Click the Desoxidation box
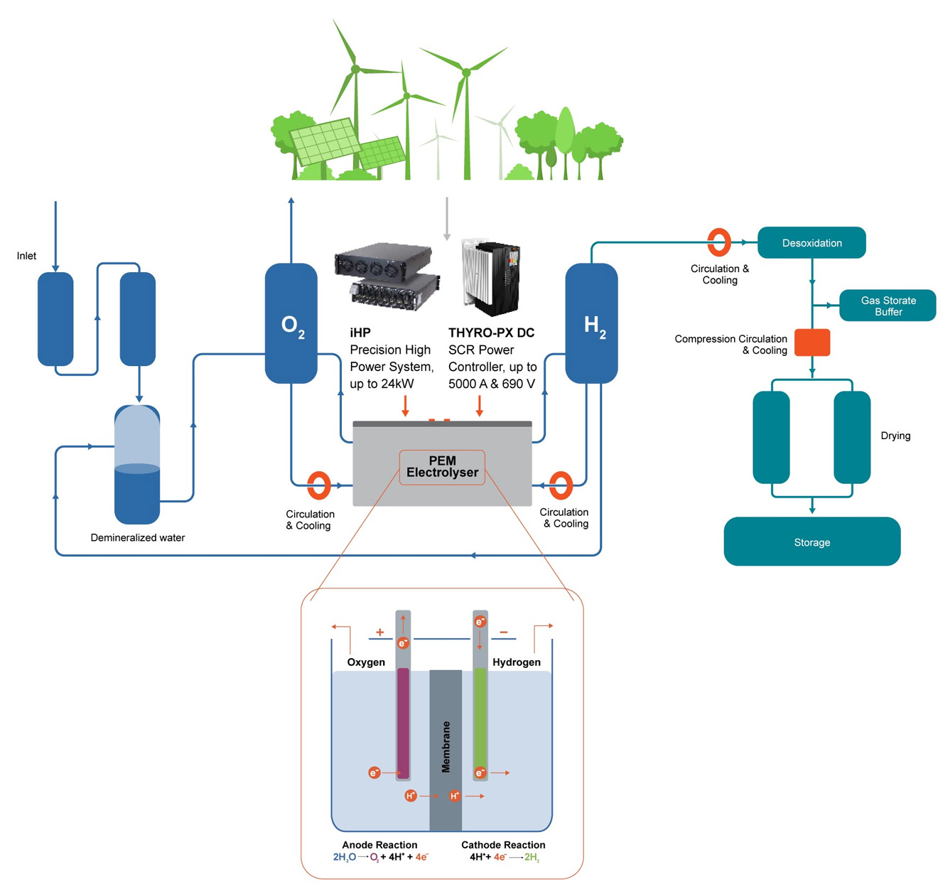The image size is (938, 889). coord(811,242)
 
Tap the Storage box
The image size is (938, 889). coord(812,542)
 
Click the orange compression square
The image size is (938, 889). coord(812,342)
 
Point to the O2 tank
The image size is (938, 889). coord(291,323)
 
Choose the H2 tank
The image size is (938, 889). coord(591,323)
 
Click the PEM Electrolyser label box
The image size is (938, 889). coord(442,467)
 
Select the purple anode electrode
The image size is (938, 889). coord(403,723)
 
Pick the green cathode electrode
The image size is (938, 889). coord(480,723)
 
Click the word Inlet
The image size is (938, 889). coord(26,256)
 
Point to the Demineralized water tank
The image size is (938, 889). coord(137,464)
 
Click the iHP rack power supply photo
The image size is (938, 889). coord(387,276)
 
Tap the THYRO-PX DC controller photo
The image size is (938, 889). coord(490,278)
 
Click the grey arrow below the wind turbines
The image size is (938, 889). coord(446,219)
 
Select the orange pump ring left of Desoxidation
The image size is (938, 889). coord(718,242)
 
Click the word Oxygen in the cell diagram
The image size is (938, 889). coord(366,662)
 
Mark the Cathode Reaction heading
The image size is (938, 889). coord(503,845)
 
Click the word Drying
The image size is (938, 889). coord(895,436)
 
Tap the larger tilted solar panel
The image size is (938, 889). coord(325,142)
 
